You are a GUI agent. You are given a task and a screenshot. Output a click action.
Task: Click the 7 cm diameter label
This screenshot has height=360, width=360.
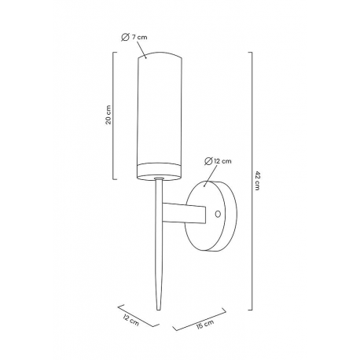(134, 37)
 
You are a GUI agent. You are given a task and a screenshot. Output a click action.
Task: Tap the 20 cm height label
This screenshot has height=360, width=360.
(108, 115)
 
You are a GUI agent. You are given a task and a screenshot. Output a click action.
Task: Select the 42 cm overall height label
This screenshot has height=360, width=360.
(257, 181)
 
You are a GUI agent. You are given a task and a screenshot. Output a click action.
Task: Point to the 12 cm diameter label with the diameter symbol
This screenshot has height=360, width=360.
(218, 161)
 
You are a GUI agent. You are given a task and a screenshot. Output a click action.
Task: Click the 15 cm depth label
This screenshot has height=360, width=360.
(205, 324)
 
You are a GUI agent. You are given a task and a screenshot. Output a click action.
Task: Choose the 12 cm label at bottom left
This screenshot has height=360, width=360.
(130, 320)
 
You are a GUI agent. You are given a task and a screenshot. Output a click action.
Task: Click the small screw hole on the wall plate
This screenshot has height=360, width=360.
(218, 214)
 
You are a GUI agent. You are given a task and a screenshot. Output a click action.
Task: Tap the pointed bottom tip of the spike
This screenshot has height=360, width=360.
(158, 310)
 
